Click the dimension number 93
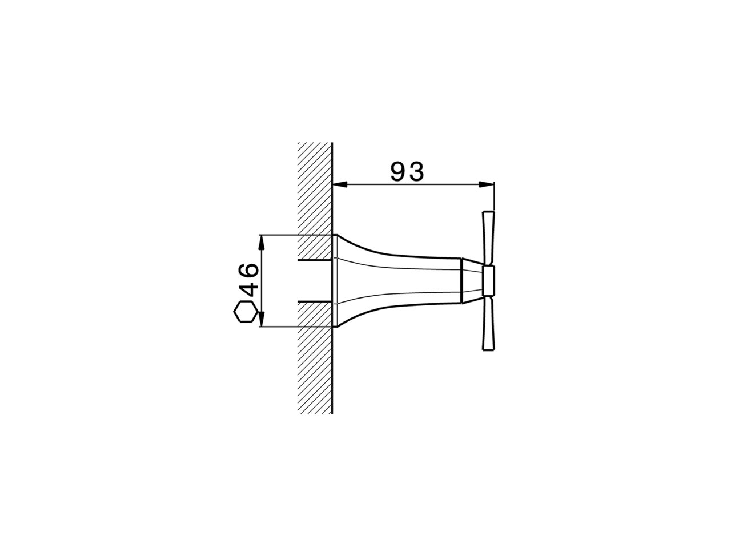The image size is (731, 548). pyautogui.click(x=407, y=171)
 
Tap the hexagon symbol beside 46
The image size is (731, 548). pyautogui.click(x=244, y=312)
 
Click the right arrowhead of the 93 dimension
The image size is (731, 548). pyautogui.click(x=487, y=184)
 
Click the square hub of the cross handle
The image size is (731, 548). pyautogui.click(x=488, y=281)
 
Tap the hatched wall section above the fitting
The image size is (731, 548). pyautogui.click(x=315, y=188)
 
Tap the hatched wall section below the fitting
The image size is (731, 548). pyautogui.click(x=315, y=371)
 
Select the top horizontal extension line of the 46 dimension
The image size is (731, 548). pyautogui.click(x=286, y=235)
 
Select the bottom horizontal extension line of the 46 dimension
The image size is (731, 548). pyautogui.click(x=286, y=327)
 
